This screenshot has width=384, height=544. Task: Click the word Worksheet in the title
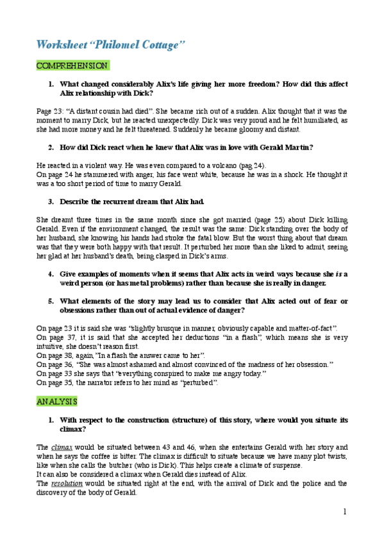pos(60,44)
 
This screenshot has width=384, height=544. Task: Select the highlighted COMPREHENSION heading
pos(72,65)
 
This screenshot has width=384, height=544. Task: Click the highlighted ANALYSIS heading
pos(56,401)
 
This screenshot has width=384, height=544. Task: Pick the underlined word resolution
pos(67,483)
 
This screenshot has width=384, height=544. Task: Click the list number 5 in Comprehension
pos(51,301)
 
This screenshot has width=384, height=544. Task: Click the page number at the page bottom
pos(344,511)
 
